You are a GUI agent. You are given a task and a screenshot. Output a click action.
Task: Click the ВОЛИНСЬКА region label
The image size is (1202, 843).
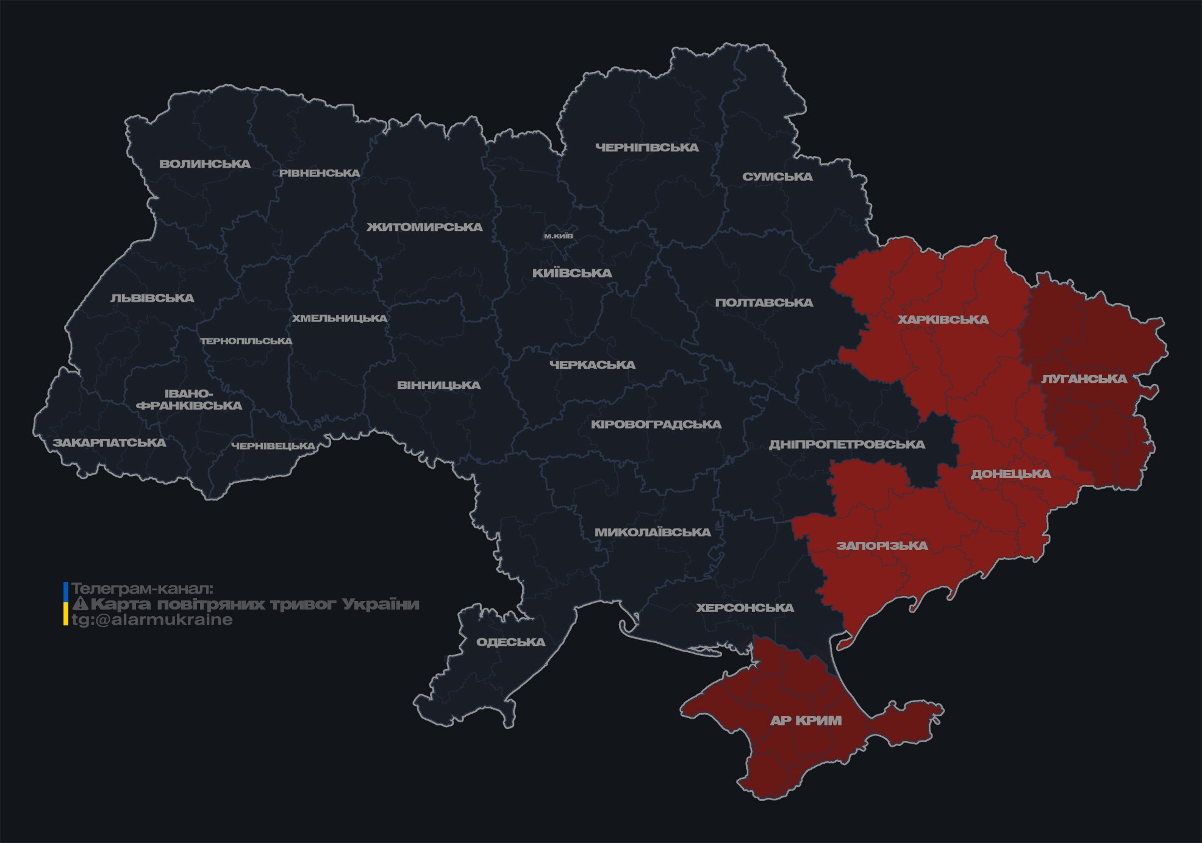tap(205, 164)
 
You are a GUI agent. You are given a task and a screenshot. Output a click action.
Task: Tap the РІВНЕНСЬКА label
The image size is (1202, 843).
tap(320, 173)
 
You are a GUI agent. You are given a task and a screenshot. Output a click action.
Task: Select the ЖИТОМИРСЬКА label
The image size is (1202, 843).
tap(424, 227)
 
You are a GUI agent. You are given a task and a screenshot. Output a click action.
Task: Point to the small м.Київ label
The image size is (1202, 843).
tap(559, 236)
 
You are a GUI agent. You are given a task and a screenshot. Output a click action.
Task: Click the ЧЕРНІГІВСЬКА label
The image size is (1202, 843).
tap(647, 148)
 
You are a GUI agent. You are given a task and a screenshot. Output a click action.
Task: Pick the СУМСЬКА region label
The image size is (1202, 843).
tap(778, 177)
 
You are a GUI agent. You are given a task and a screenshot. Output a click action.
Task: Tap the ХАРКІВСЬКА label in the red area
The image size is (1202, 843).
tap(943, 319)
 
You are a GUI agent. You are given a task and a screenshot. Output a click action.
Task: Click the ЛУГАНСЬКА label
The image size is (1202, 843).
tap(1084, 379)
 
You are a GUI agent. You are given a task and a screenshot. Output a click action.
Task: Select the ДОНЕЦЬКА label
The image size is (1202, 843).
tap(1011, 474)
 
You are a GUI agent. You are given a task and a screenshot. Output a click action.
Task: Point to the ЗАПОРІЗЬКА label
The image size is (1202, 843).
tap(882, 546)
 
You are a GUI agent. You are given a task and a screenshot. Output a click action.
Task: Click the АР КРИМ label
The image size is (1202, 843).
tap(806, 720)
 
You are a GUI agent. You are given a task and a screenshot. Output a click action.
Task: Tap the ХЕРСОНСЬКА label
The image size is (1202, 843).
tap(745, 608)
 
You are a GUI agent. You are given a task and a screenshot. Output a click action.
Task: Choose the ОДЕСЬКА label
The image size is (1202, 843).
tap(511, 642)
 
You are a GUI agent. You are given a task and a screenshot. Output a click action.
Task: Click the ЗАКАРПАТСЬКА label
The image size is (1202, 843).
tap(109, 443)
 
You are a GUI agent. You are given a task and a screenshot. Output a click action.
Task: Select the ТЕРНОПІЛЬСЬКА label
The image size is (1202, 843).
tap(246, 341)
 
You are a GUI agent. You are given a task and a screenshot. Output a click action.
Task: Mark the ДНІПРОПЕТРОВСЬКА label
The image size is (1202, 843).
tap(847, 444)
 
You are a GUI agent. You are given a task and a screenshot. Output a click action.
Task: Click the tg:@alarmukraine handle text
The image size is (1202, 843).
tap(152, 620)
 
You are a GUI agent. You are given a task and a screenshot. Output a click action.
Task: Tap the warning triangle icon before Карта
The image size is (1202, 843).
tap(80, 604)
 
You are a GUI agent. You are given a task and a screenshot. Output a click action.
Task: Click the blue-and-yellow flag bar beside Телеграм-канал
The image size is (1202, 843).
tap(66, 603)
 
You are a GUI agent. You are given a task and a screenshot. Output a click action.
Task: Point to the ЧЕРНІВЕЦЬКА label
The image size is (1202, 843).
tap(273, 446)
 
